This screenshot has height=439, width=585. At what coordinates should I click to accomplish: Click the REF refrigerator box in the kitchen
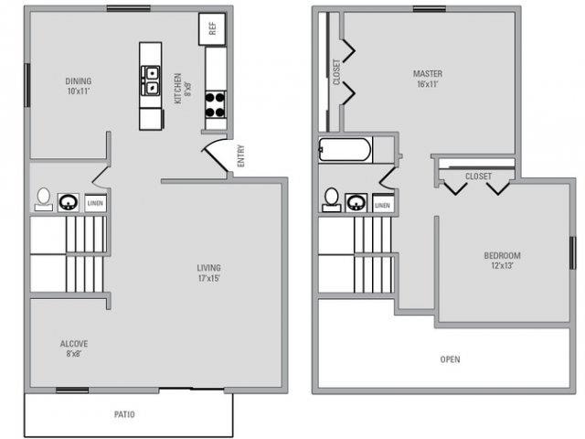coord(212,29)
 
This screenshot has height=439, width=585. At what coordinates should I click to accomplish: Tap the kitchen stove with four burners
coord(215,103)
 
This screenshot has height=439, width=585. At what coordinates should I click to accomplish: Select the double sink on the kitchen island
coord(151,81)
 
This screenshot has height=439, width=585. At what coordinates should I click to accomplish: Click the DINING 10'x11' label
coord(78,86)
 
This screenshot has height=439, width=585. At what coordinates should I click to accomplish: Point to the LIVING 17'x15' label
coord(208,273)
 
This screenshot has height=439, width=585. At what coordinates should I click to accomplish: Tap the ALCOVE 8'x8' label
coord(74,348)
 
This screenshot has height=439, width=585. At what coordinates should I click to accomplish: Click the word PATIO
coord(125,415)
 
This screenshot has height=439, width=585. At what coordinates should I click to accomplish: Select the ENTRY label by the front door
coord(240,156)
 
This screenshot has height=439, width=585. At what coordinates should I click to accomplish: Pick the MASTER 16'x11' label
coord(428,79)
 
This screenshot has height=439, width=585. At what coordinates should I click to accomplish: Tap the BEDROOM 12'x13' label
coord(502,261)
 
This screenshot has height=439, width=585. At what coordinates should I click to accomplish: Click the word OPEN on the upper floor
coord(450,359)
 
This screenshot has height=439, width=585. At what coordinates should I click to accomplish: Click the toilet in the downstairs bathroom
coord(43,198)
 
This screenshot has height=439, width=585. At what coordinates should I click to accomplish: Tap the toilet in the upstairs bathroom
coord(332,199)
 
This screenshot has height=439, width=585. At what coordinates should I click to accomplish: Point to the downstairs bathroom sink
coord(69,201)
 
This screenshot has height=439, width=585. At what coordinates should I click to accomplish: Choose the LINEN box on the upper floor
coord(383,204)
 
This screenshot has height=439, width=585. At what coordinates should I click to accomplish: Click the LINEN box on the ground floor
coord(95,203)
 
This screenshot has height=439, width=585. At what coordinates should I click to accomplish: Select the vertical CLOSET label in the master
coord(336,73)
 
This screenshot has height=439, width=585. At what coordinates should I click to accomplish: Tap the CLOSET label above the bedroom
coord(477,176)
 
